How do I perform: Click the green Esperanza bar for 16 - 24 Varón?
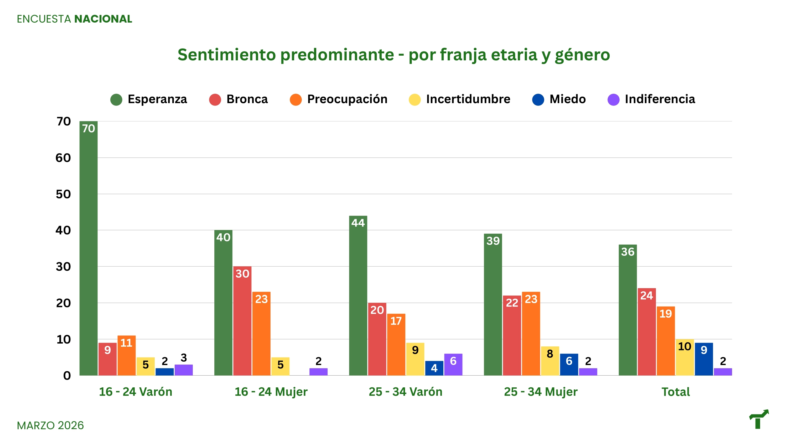(89, 251)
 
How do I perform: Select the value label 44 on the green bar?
(358, 223)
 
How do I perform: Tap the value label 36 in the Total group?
(628, 252)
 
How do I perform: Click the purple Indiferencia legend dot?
(613, 100)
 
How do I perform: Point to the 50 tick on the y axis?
(63, 194)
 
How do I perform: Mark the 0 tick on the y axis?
(67, 376)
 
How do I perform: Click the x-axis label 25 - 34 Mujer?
(541, 392)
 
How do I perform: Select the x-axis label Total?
(675, 392)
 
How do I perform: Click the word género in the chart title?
(582, 55)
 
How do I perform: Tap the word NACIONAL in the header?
(103, 19)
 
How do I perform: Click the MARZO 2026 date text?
(50, 425)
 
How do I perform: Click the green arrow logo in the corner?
(759, 419)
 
